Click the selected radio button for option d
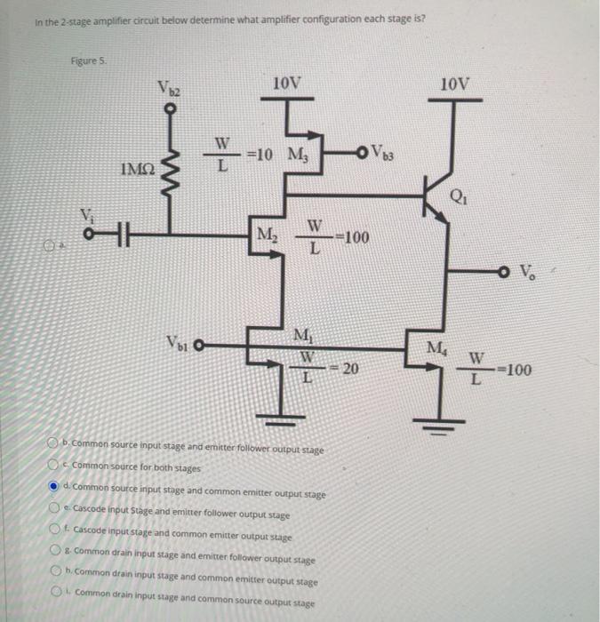55,485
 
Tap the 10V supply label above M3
287,84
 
